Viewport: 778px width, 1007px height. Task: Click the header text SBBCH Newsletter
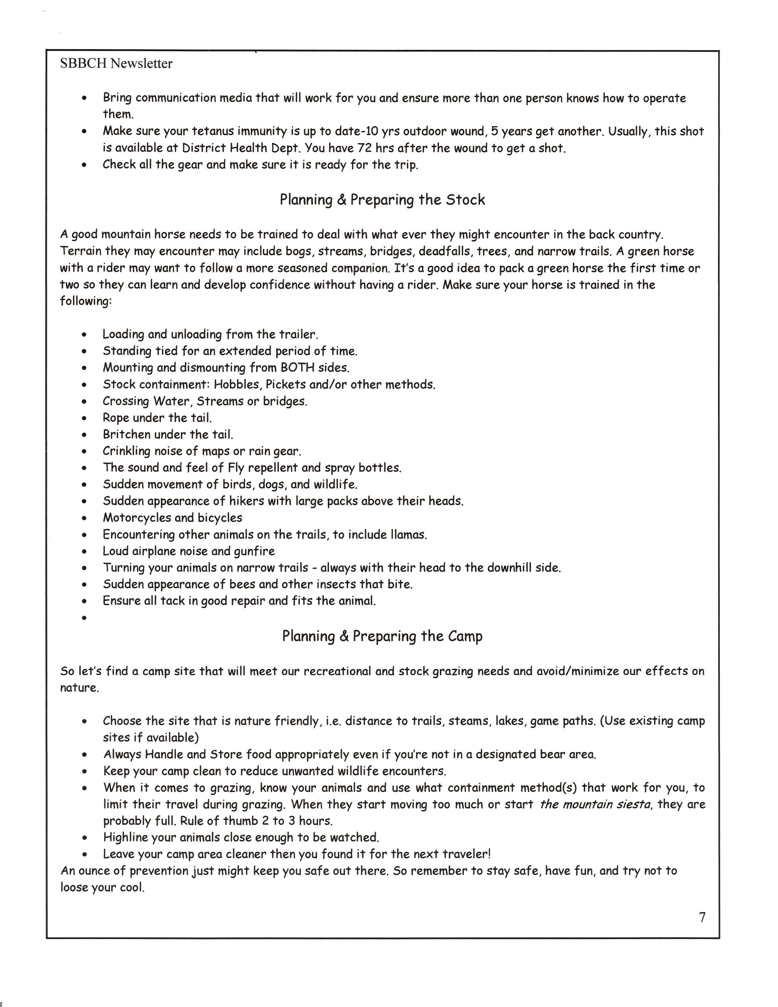116,64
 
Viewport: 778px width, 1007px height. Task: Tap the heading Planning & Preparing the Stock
382,200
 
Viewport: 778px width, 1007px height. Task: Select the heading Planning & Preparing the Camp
382,636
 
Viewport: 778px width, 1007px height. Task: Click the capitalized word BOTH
299,367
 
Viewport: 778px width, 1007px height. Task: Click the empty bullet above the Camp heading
84,618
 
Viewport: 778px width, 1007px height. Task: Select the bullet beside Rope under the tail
84,419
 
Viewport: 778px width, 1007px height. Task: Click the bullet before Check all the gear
84,166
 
